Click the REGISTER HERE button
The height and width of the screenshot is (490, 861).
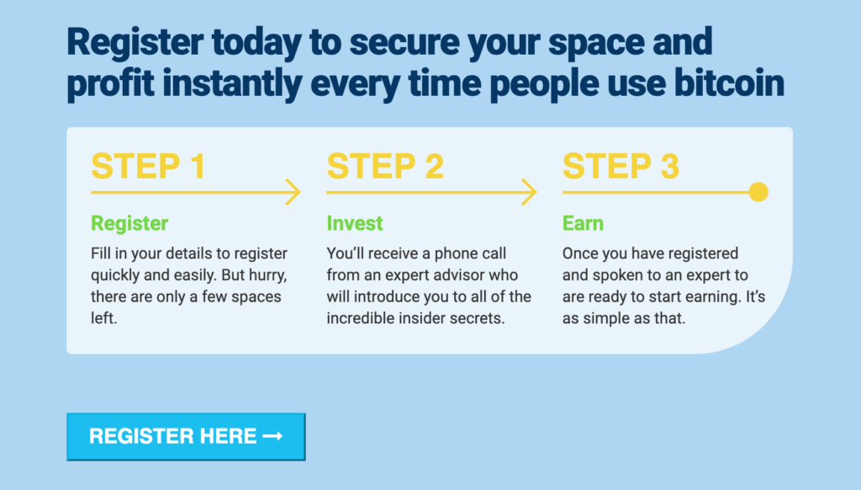[x=186, y=437]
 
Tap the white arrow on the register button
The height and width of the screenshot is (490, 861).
[x=273, y=436]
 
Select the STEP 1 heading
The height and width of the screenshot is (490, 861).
[x=148, y=166]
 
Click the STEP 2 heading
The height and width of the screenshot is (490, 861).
[x=385, y=166]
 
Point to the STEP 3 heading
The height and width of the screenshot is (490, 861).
[x=621, y=166]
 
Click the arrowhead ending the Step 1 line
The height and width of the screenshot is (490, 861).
[x=294, y=192]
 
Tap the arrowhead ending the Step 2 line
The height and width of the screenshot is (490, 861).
[x=530, y=192]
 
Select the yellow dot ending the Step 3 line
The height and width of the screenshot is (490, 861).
[x=758, y=192]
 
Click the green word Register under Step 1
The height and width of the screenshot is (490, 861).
[x=129, y=224]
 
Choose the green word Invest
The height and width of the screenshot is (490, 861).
[x=355, y=223]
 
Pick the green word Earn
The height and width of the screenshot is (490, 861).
[x=583, y=223]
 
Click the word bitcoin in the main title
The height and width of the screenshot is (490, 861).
[x=729, y=83]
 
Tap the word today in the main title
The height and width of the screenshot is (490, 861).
[x=256, y=43]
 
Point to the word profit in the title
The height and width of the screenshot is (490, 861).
[x=110, y=84]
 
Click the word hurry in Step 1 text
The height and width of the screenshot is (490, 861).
[x=267, y=275]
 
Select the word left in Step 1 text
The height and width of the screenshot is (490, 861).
[x=103, y=318]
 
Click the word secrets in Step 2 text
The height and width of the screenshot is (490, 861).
[x=477, y=318]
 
